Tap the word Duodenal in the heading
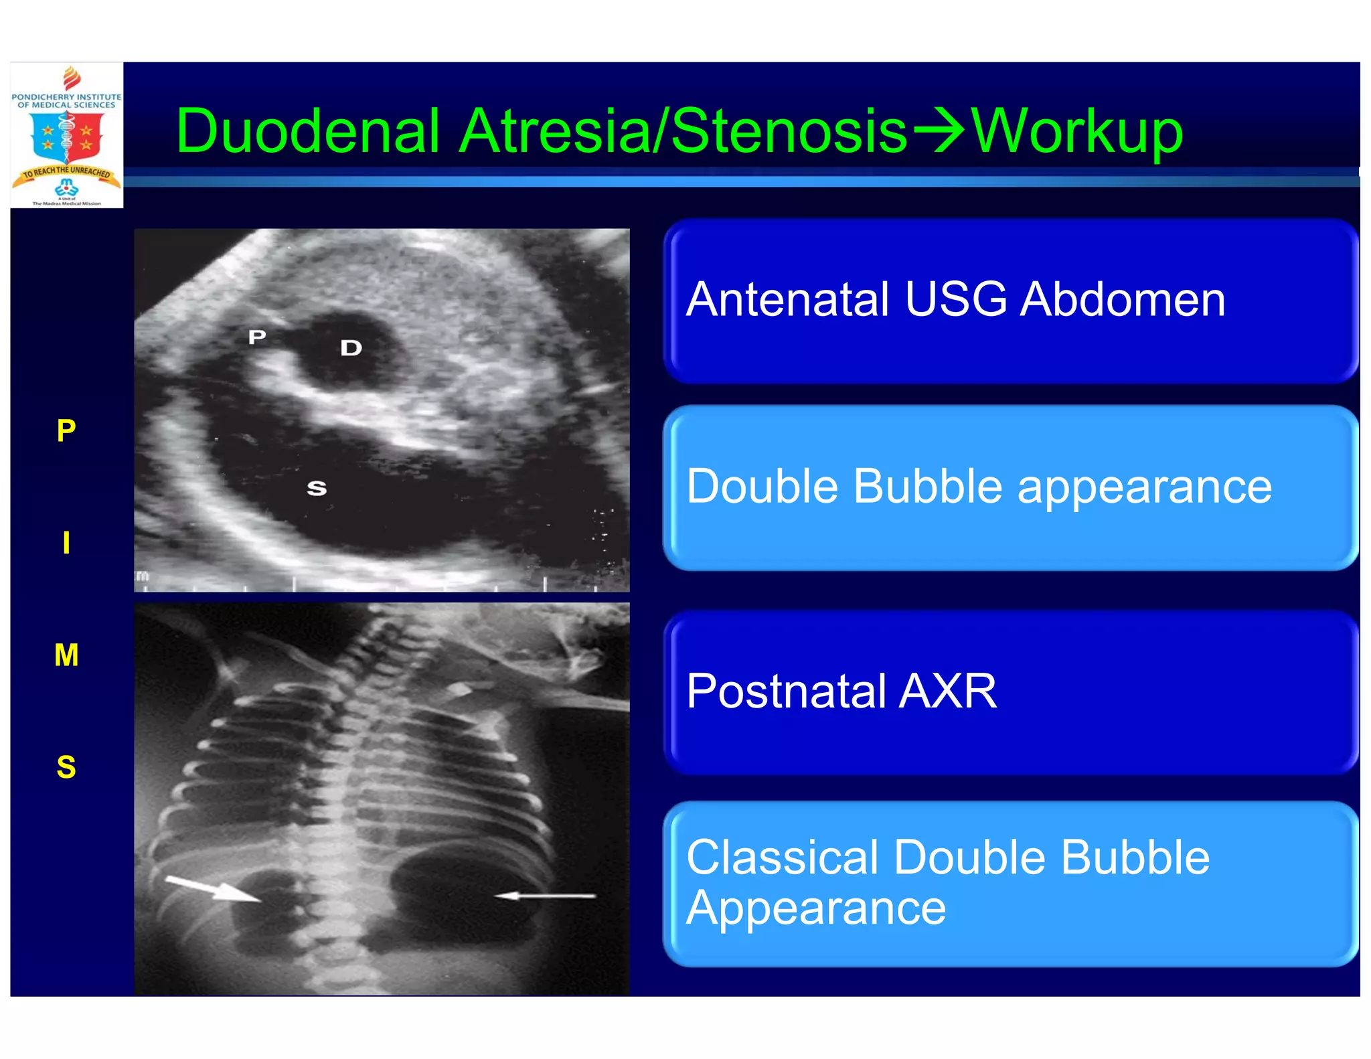307,131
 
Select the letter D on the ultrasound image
351,347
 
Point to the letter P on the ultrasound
257,337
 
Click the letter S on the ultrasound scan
317,489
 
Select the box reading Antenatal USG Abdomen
1010,301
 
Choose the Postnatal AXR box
1010,692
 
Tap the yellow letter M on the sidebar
66,655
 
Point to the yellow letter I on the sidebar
66,542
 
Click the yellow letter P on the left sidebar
66,430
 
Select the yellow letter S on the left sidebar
66,766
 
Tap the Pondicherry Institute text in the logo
66,100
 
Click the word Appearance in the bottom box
816,908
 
